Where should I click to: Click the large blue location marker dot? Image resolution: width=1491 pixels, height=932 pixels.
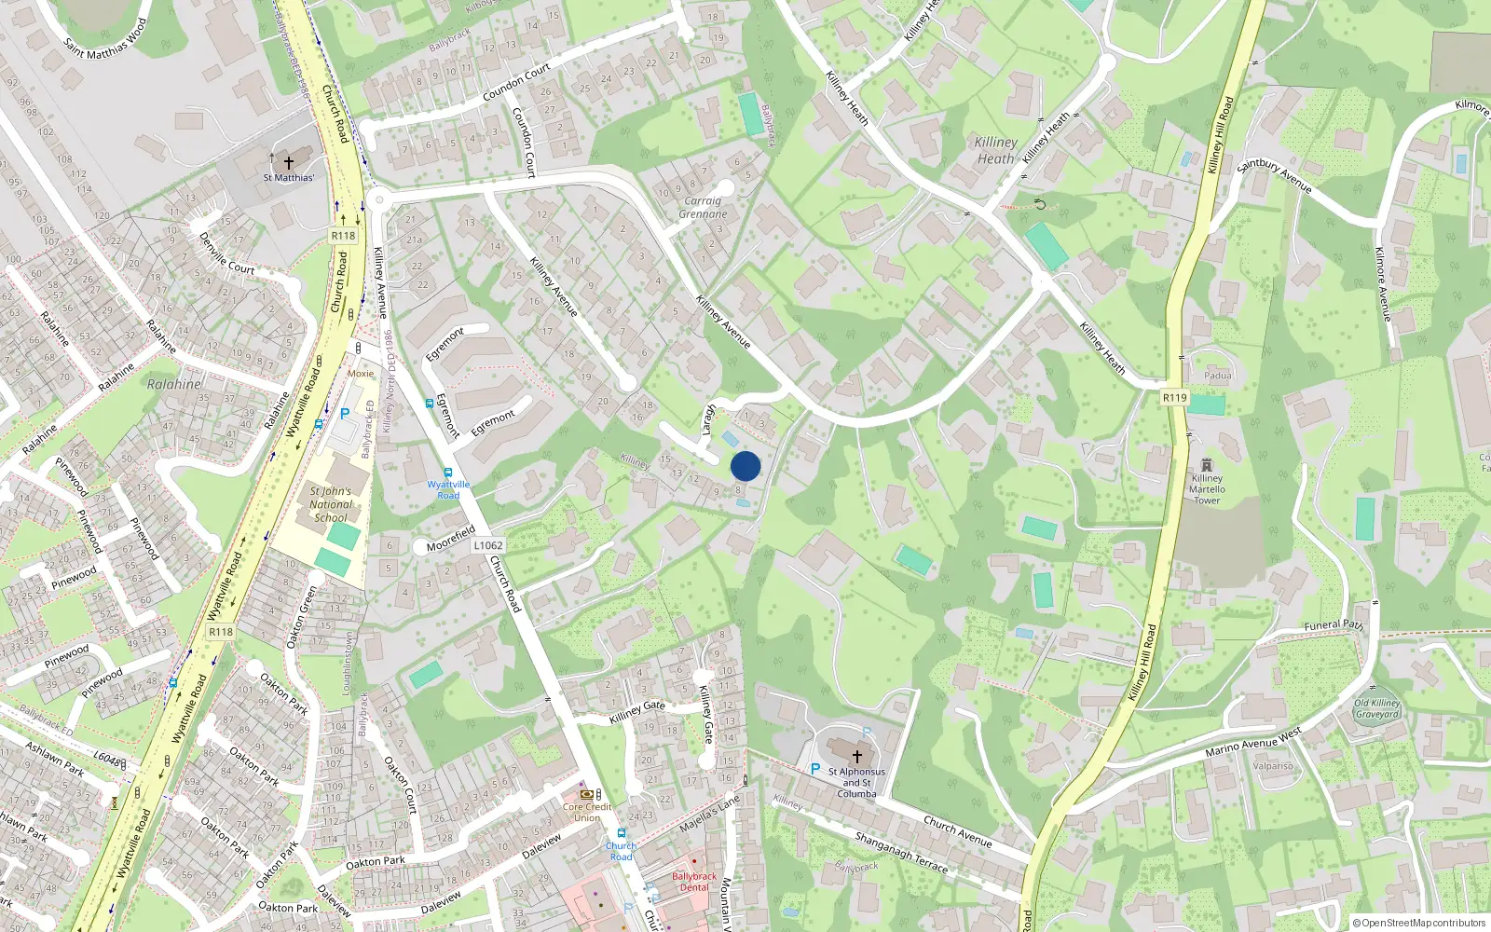(745, 466)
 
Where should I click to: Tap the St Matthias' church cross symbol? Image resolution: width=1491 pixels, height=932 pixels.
(289, 162)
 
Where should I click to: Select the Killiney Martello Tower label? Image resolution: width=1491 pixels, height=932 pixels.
(1207, 489)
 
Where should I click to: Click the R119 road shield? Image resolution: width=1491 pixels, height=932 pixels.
(1174, 398)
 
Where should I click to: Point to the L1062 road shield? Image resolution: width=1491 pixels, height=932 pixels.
(488, 546)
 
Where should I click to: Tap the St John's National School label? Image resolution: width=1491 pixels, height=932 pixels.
(331, 504)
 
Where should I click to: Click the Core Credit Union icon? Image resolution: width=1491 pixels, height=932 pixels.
(586, 795)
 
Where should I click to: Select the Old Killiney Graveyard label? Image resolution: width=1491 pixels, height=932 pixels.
(1377, 709)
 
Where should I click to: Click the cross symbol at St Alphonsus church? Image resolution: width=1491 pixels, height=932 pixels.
(857, 757)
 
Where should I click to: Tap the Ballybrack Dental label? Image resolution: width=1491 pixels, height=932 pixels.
(694, 882)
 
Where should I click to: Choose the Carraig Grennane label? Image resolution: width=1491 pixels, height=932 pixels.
(703, 207)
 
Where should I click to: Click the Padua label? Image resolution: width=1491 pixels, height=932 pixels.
(1217, 376)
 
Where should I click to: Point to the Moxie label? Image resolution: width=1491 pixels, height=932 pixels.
(361, 374)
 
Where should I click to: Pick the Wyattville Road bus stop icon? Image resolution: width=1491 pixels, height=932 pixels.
(448, 473)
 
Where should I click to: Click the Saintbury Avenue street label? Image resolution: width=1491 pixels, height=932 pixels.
(1274, 176)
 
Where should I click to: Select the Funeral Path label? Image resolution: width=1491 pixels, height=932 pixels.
(1334, 625)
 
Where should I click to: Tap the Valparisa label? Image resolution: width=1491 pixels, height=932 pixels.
(1273, 766)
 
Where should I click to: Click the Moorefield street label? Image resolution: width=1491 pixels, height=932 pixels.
(451, 540)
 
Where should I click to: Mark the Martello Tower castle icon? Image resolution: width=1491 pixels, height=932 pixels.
(1207, 465)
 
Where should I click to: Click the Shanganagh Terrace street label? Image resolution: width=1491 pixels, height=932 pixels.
(901, 853)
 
